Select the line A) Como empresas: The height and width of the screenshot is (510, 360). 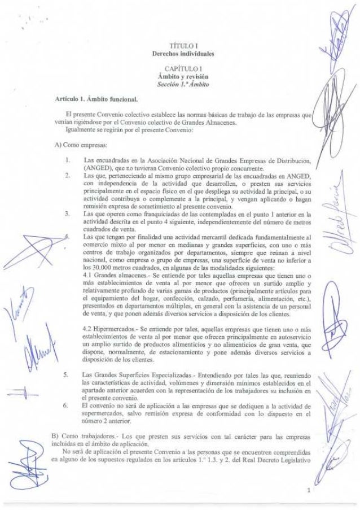click(x=71, y=145)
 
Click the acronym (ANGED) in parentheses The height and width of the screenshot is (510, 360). click(x=97, y=168)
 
